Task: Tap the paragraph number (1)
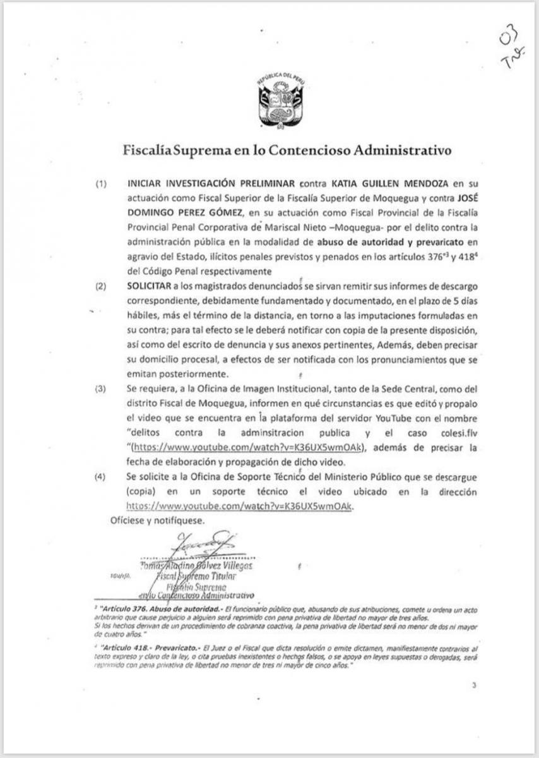click(x=101, y=184)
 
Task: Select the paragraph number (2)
click(x=101, y=286)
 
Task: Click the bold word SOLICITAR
click(x=150, y=286)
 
